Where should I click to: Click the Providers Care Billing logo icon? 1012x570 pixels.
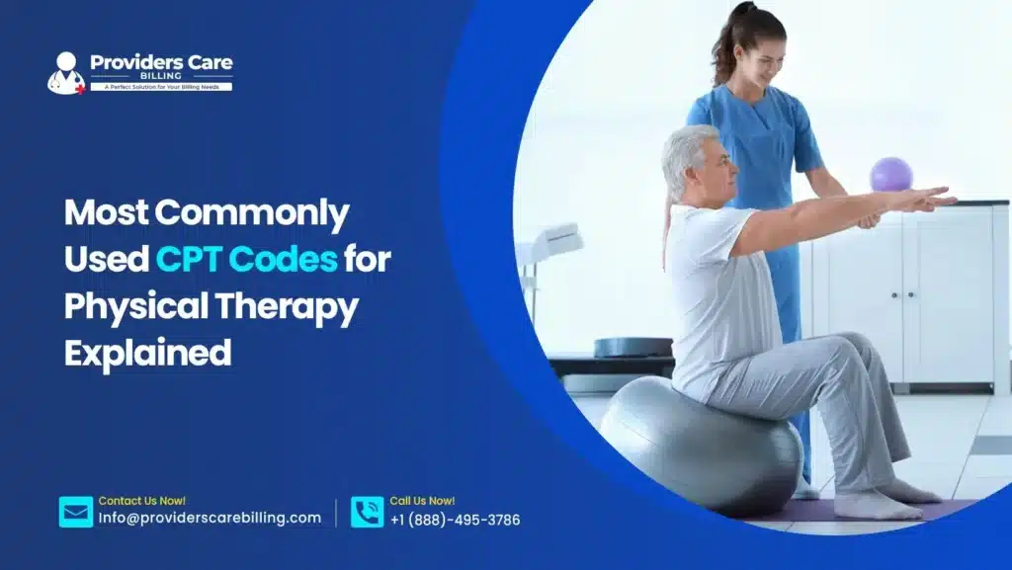(x=66, y=73)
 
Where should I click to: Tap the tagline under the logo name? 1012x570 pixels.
(x=161, y=87)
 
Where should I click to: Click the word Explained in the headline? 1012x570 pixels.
(x=147, y=353)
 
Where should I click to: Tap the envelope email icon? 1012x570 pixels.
(x=76, y=512)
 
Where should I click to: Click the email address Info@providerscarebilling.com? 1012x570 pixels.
(x=210, y=519)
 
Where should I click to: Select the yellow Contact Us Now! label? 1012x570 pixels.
(x=141, y=501)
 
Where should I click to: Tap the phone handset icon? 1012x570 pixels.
(x=367, y=512)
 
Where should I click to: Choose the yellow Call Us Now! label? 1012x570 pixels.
(x=422, y=501)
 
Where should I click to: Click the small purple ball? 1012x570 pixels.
(x=890, y=174)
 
